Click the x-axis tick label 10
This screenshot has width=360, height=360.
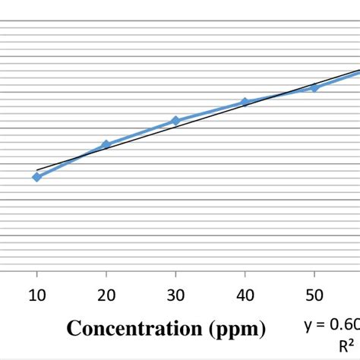[36, 295]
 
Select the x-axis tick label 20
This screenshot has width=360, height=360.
[106, 295]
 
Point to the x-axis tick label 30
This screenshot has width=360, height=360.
[175, 295]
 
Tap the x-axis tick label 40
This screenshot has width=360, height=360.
[245, 295]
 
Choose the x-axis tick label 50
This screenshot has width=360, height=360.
[314, 295]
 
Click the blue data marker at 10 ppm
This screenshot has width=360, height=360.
[36, 177]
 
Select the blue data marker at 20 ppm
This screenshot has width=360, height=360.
[106, 144]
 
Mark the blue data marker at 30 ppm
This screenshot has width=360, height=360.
[175, 121]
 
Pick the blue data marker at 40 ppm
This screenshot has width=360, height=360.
[245, 102]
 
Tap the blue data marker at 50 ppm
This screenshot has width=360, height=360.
[314, 87]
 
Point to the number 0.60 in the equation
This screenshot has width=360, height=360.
[343, 325]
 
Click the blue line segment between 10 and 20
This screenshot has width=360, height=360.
[71, 160]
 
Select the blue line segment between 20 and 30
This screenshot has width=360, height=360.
[141, 132]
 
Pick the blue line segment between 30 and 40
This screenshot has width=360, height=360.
[210, 111]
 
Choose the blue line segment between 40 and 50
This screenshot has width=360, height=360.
[279, 95]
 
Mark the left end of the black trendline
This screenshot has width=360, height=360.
[37, 170]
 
